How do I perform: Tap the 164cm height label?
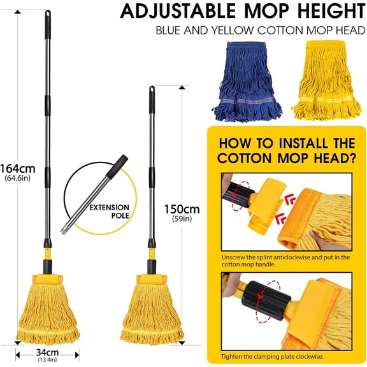tap(18, 168)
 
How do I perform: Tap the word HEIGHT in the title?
tap(322, 11)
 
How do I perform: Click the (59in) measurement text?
tap(182, 220)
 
